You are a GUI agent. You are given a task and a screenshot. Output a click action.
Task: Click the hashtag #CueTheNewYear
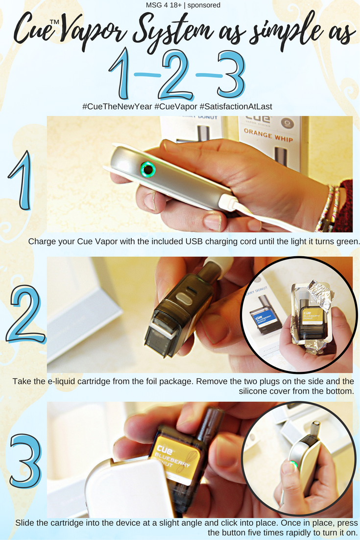tap(117, 106)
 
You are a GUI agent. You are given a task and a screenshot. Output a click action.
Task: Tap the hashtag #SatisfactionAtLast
tap(236, 106)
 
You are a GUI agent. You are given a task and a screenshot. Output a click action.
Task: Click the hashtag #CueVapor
tap(176, 106)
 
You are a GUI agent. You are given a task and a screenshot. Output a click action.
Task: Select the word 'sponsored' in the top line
tap(204, 5)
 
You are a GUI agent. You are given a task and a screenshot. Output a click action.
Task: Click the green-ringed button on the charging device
tap(148, 170)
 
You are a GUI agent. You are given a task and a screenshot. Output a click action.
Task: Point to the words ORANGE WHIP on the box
tap(268, 135)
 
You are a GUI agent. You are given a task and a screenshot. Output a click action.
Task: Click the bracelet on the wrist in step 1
tap(328, 208)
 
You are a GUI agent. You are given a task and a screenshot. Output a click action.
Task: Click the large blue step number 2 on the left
tap(25, 315)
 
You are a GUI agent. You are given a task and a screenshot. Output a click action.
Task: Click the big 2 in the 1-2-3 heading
tap(176, 75)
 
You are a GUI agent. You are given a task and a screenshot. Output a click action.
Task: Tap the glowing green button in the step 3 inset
tap(293, 465)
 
